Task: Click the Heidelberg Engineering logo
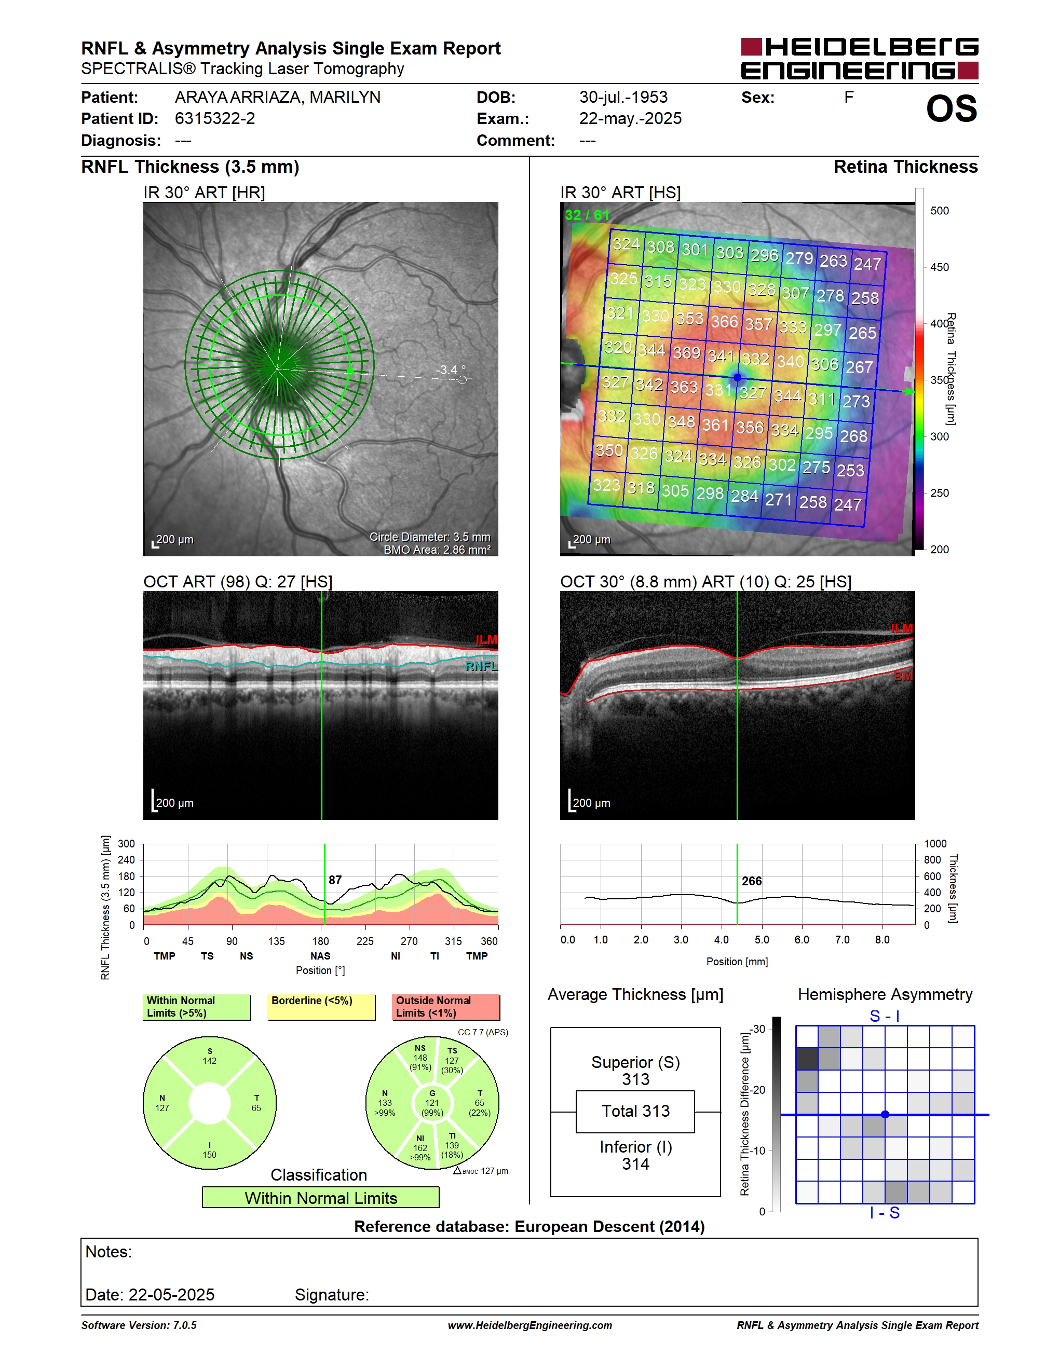coord(860,58)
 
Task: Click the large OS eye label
coord(952,108)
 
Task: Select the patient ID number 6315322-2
coord(214,118)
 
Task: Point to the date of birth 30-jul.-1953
coord(623,97)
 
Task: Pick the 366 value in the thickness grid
coord(724,321)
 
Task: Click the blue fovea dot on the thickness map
coord(738,378)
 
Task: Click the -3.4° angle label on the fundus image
coord(451,370)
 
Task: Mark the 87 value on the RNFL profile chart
coord(335,880)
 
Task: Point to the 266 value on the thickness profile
coord(752,881)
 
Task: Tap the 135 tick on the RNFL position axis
coord(276,941)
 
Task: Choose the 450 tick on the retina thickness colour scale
coord(939,267)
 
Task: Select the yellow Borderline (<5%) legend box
coord(321,1007)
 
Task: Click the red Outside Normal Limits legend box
coord(446,1007)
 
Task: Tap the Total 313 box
coord(635,1112)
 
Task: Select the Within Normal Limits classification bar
coord(321,1198)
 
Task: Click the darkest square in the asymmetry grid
coord(807,1059)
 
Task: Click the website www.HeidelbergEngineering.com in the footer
coord(529,1325)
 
